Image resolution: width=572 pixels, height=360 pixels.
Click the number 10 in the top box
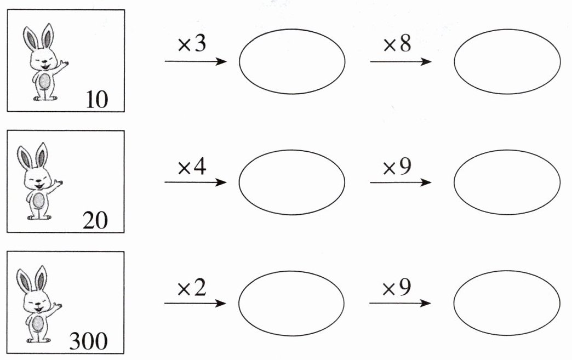click(x=97, y=100)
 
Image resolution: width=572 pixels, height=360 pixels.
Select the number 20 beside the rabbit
click(x=95, y=220)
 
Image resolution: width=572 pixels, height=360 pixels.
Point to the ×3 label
click(x=192, y=45)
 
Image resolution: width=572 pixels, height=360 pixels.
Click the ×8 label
click(x=397, y=45)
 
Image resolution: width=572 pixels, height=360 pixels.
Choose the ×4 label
click(x=192, y=167)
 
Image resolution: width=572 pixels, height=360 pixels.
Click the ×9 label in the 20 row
click(x=397, y=167)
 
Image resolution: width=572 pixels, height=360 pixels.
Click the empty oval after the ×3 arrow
click(x=292, y=61)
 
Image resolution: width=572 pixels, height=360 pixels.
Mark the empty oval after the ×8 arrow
click(x=507, y=61)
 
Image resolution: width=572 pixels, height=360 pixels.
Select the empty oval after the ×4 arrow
click(x=292, y=182)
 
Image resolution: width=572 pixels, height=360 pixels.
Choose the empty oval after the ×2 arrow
click(x=292, y=303)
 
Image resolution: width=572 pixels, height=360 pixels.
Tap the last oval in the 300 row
click(x=507, y=303)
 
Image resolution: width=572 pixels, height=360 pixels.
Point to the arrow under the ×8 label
click(x=401, y=61)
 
